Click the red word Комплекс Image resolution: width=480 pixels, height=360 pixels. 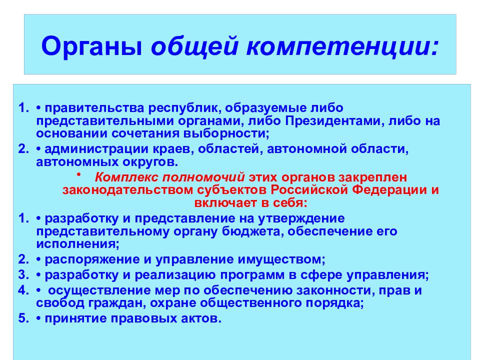[x=125, y=178]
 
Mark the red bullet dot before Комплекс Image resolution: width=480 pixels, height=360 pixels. [x=78, y=175]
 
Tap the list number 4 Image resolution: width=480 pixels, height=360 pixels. [x=22, y=290]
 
